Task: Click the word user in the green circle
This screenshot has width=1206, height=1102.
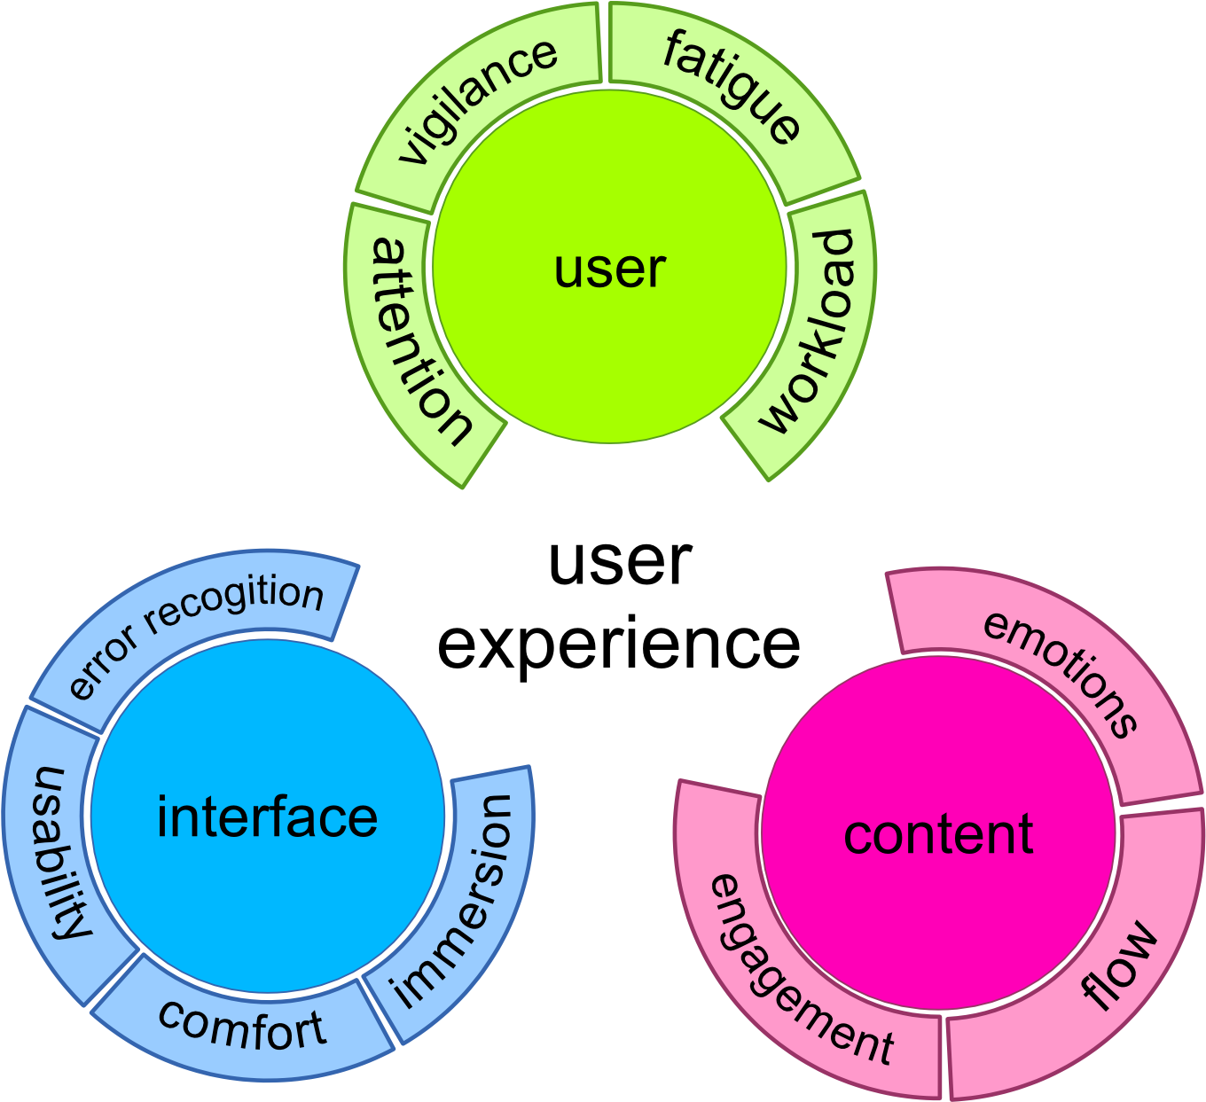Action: coord(609,270)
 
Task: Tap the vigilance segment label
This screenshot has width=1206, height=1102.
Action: coord(477,101)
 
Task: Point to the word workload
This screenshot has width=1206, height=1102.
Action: coord(809,332)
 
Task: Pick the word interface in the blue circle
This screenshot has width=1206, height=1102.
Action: coord(267,817)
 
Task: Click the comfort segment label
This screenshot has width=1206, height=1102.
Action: coord(241,1026)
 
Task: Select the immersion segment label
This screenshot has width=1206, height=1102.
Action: coord(452,901)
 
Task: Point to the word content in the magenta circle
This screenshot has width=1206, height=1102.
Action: coord(938,834)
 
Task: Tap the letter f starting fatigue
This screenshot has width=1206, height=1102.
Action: coord(676,50)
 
